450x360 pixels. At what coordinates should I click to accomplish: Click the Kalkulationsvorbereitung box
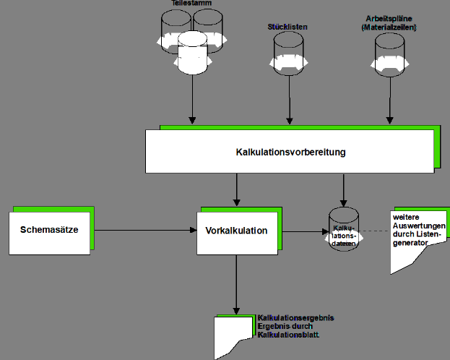pos(290,153)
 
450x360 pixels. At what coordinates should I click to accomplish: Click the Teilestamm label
pos(191,4)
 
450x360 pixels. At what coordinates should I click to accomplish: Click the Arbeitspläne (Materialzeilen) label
pos(390,22)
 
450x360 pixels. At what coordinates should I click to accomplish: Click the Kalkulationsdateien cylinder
pos(343,231)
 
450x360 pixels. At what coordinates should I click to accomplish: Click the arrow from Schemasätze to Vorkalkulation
pos(144,231)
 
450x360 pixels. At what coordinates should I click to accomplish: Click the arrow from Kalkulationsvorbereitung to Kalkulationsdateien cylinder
pos(343,189)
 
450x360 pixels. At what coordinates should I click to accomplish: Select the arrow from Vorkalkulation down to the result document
pos(236,282)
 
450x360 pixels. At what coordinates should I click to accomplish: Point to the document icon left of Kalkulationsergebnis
pos(235,336)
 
